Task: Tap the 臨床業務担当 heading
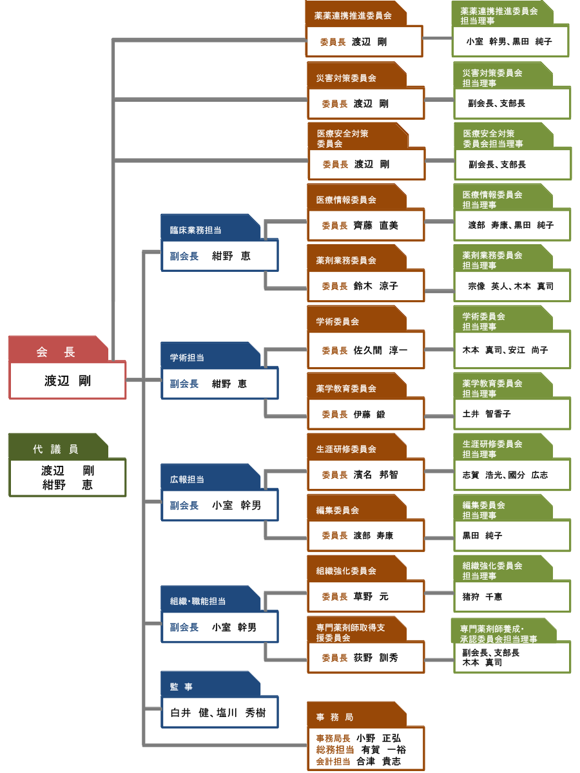[196, 230]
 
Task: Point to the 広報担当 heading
[187, 479]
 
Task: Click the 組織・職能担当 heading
[198, 601]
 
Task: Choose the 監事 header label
[181, 687]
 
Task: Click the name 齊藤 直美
[376, 225]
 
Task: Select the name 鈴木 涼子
[376, 286]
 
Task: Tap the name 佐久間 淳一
[380, 350]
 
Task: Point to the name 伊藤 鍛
[369, 415]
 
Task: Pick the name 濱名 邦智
[376, 475]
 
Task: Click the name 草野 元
[371, 597]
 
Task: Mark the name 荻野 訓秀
[376, 658]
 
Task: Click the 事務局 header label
[334, 717]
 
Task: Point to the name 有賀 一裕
[383, 750]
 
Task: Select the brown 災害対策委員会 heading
[346, 78]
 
